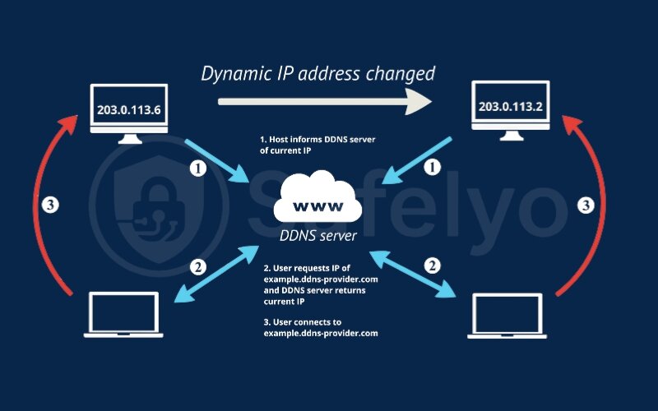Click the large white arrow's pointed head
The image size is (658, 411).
[419, 102]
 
